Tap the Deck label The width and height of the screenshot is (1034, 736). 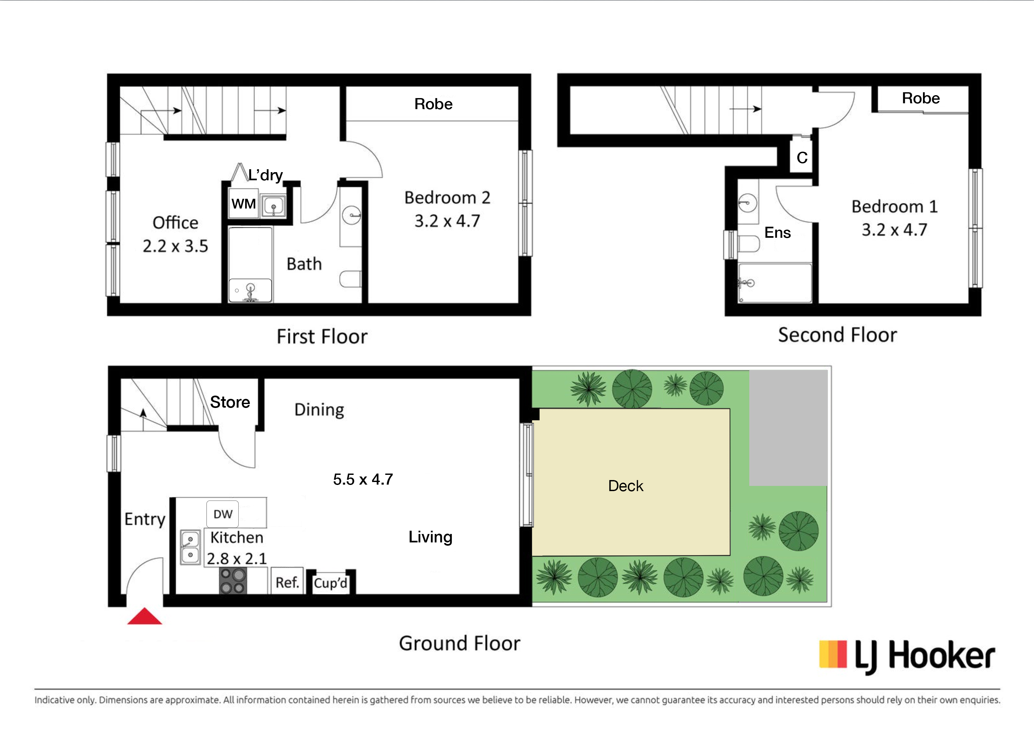point(626,486)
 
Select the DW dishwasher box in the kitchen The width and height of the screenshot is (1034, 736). point(222,514)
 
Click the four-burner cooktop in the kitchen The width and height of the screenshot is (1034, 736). point(233,581)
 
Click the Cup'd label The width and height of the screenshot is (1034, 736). point(330,583)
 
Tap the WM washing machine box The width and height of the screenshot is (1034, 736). point(244,204)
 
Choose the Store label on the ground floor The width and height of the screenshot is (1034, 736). point(230,402)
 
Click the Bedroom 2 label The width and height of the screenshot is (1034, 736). point(447,197)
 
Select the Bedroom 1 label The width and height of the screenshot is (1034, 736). point(894,207)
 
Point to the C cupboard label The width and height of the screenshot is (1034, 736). point(802,158)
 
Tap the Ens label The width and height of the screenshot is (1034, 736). point(778,233)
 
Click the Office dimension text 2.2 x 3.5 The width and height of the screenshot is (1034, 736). point(175,246)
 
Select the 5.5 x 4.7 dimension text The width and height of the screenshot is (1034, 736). point(363,479)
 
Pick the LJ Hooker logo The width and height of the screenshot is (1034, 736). point(907,656)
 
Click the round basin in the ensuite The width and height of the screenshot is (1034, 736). point(747,203)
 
